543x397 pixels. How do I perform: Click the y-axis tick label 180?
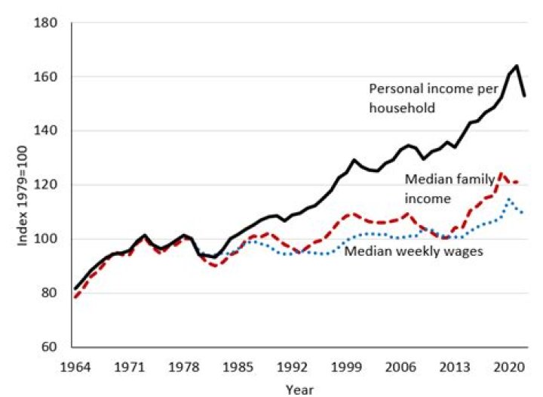47,23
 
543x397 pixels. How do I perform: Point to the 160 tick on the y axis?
47,77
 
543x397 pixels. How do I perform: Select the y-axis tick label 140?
47,131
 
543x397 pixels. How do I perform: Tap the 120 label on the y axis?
47,185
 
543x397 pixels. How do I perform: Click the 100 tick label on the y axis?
47,239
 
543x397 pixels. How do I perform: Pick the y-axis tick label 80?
50,293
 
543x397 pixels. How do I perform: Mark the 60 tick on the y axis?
50,347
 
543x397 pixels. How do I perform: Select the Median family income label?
449,189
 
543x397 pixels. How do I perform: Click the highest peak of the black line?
517,66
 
